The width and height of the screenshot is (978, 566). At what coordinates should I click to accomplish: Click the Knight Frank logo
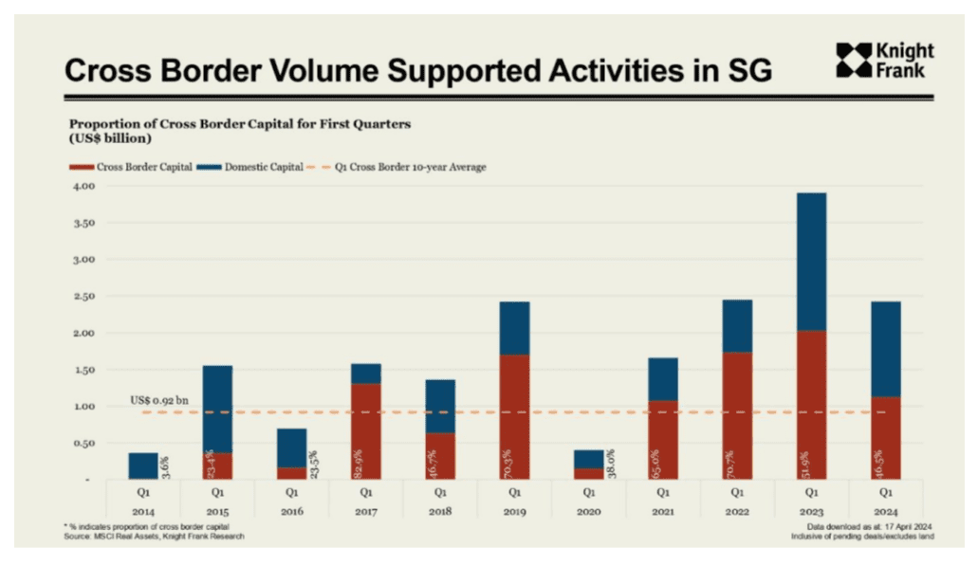[884, 60]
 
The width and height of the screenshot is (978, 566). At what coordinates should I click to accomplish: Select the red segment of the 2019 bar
[514, 417]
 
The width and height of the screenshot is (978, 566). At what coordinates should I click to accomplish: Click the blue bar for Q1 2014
[143, 466]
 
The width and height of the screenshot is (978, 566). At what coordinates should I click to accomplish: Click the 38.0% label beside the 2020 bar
[610, 465]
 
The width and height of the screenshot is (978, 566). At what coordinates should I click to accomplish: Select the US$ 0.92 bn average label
[159, 400]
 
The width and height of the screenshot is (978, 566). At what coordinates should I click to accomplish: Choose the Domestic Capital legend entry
[255, 167]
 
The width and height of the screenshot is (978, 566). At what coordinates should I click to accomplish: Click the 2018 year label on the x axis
[440, 512]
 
